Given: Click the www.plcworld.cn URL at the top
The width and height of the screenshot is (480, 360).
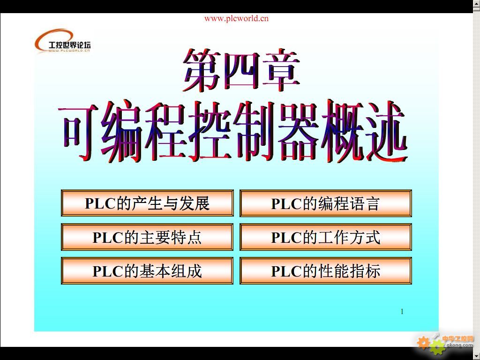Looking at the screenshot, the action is point(236,19).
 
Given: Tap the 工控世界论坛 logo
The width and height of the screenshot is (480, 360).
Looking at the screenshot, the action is point(63,41).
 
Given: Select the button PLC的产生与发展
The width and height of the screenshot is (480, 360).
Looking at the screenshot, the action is point(147,203).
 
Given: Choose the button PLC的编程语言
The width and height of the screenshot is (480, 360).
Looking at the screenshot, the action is point(326,203).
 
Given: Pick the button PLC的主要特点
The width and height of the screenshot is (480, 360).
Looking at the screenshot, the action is point(147,237).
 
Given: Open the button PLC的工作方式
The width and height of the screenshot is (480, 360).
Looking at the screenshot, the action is point(326,237).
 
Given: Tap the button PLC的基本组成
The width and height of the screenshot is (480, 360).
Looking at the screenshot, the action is point(147,271).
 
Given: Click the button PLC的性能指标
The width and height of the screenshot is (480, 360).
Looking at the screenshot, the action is point(326,271).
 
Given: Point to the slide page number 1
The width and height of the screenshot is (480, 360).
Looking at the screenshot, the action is point(402,312).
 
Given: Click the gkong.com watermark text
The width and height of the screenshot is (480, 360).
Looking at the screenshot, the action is point(459,345).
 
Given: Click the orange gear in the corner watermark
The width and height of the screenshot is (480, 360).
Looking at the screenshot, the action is point(423,343).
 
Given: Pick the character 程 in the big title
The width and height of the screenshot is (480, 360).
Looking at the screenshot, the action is point(166,132).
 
